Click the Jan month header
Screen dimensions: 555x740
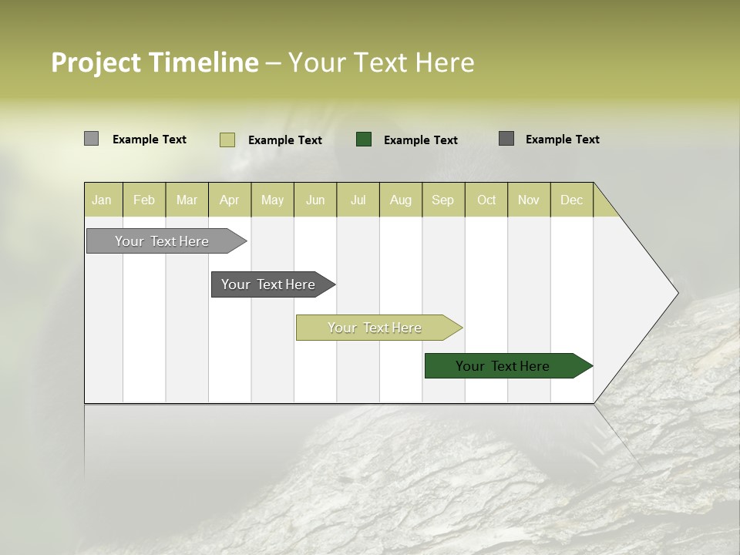[x=103, y=200]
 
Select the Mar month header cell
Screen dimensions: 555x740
[x=187, y=200]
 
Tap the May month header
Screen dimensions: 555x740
[x=272, y=200]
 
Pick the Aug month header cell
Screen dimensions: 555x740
[x=400, y=200]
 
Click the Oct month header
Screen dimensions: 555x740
[x=486, y=200]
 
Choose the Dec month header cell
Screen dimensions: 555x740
[x=571, y=200]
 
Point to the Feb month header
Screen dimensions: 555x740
[x=144, y=200]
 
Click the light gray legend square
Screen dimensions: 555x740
[x=91, y=139]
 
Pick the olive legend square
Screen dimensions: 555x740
[x=227, y=140]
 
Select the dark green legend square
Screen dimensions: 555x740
[x=364, y=140]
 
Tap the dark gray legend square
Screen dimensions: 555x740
[x=506, y=139]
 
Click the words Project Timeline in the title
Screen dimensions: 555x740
[x=154, y=62]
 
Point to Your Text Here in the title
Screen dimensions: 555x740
[x=381, y=62]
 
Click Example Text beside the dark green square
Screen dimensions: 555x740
[x=420, y=140]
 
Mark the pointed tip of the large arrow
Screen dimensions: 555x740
[x=677, y=292]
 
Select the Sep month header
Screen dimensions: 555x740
[x=442, y=200]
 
